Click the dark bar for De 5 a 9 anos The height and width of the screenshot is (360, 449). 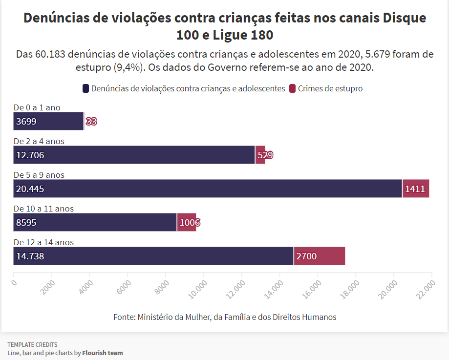(x=208, y=189)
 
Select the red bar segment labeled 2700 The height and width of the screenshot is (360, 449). (x=320, y=256)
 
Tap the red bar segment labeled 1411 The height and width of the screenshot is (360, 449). (x=415, y=189)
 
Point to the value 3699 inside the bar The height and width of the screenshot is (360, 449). (x=26, y=122)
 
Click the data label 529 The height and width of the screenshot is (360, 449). (x=265, y=155)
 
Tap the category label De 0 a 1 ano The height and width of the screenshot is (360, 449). (x=37, y=107)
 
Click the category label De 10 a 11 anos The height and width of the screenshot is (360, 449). (x=43, y=209)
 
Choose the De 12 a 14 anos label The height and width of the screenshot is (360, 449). (x=43, y=242)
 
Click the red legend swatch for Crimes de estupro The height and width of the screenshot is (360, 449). (x=293, y=88)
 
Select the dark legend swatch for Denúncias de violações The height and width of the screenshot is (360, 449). (x=86, y=88)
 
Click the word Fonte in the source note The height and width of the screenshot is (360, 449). (x=124, y=317)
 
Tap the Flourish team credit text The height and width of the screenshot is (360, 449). (x=102, y=353)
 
